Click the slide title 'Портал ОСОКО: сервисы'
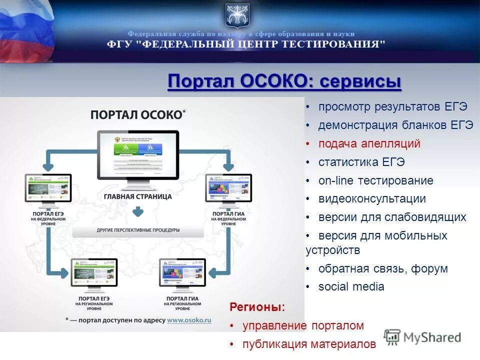point(284,81)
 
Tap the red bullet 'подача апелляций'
point(369,144)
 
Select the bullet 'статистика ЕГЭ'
point(361,162)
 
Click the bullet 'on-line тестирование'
point(375,180)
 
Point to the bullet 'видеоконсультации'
point(372,198)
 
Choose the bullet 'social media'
point(351,286)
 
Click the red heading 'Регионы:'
point(257,306)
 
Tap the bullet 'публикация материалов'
point(308,344)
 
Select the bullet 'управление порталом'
point(303,326)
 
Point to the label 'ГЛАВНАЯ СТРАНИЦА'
point(138,196)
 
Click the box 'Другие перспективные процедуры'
point(138,230)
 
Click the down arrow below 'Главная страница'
point(138,212)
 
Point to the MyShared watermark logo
point(423,337)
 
